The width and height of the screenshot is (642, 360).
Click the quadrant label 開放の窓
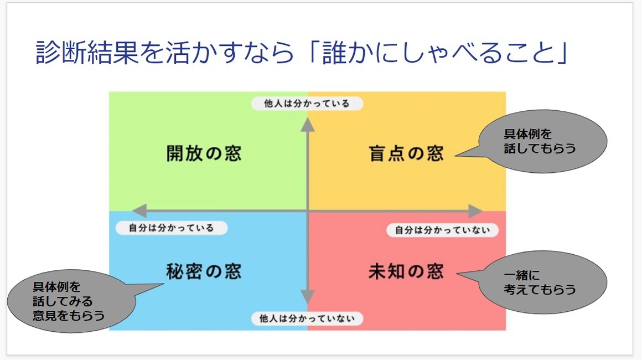(x=204, y=153)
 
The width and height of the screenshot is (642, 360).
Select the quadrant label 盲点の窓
(x=406, y=153)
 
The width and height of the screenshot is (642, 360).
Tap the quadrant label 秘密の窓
(x=204, y=271)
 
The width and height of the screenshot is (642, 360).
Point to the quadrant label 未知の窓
(x=406, y=271)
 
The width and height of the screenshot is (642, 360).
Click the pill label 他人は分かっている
(x=307, y=103)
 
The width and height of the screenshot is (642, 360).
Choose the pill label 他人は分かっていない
(x=307, y=318)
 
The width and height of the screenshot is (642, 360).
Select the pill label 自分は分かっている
(x=172, y=228)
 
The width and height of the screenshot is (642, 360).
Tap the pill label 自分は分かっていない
(x=443, y=230)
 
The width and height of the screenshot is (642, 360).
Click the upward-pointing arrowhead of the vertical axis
(x=308, y=125)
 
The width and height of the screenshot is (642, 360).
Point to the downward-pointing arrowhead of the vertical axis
(x=308, y=296)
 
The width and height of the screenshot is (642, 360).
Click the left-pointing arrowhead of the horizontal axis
(x=139, y=211)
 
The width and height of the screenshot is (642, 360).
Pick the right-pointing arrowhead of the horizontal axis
(x=475, y=211)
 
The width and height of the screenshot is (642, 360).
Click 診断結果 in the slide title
(x=87, y=53)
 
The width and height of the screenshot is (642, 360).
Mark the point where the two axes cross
(x=308, y=211)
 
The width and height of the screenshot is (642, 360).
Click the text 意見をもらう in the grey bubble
(x=69, y=315)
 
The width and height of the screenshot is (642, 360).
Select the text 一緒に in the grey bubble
(x=521, y=275)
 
